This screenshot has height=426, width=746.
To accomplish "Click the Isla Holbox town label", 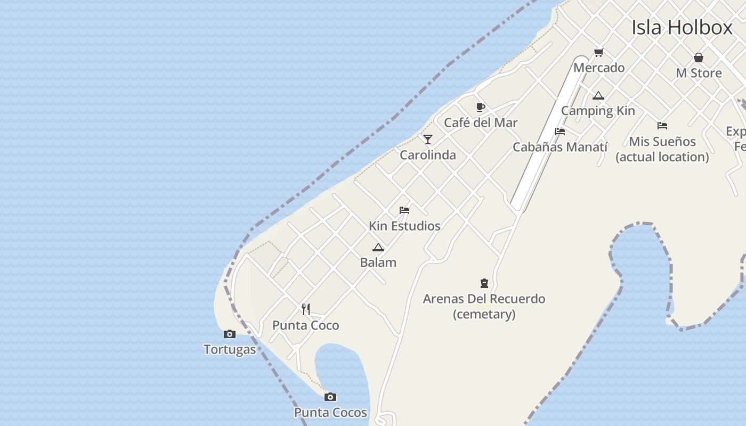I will tap(682, 27).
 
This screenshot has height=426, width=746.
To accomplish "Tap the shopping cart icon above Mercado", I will tap(598, 52).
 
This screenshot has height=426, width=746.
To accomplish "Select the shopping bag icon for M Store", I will tap(698, 58).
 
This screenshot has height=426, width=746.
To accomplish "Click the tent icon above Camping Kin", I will tap(598, 96).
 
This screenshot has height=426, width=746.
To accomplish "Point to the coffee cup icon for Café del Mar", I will tap(480, 108).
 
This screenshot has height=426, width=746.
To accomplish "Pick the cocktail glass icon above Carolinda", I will tap(427, 140).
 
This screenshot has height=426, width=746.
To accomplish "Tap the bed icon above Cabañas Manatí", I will tap(559, 132).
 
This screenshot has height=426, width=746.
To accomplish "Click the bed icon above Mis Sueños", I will tap(662, 126).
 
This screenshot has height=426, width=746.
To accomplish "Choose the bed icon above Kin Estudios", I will tap(404, 210).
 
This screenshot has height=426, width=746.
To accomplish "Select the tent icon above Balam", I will tap(378, 247).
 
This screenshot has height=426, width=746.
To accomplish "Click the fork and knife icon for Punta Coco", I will tap(305, 309).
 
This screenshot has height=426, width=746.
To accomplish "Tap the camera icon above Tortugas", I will tap(229, 334).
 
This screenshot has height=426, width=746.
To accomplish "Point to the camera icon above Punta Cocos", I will tap(330, 397).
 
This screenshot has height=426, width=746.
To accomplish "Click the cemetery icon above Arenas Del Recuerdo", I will tap(484, 283).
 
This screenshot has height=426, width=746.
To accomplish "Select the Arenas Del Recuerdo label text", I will tap(484, 299).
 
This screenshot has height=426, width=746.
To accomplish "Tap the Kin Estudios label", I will tap(404, 226).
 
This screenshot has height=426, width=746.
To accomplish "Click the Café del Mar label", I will tap(481, 122).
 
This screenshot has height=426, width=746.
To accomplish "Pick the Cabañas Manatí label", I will tap(559, 147).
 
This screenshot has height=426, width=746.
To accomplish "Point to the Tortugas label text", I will tap(230, 350).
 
